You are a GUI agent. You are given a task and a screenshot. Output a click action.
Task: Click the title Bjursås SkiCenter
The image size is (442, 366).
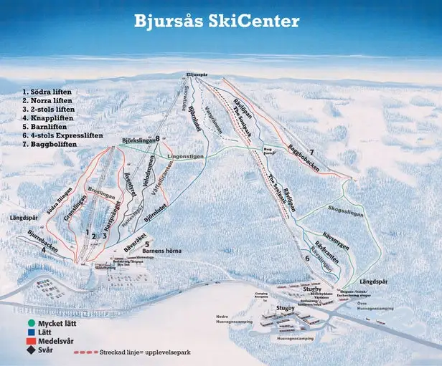click(x=216, y=21)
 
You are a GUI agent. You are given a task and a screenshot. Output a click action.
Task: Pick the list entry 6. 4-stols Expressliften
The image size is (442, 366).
click(x=62, y=135)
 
